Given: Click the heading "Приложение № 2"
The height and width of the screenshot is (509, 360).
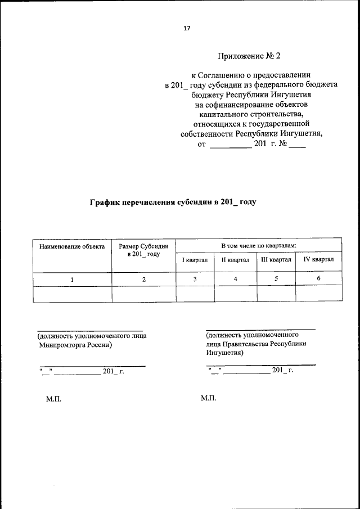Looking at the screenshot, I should pyautogui.click(x=248, y=56).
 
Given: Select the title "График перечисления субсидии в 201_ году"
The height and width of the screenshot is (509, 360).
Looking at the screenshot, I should pyautogui.click(x=173, y=201).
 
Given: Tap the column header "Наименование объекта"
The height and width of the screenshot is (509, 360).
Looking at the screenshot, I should pyautogui.click(x=72, y=246).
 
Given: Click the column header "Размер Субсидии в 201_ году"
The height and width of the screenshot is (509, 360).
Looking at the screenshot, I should pyautogui.click(x=143, y=250).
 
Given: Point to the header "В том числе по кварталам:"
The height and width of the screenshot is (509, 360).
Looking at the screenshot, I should pyautogui.click(x=258, y=246).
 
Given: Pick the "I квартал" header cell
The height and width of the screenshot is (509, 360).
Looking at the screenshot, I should pyautogui.click(x=195, y=260).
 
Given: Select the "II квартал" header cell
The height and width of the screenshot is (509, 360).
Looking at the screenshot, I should pyautogui.click(x=235, y=260).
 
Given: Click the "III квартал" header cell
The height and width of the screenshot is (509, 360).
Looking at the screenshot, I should pyautogui.click(x=276, y=260).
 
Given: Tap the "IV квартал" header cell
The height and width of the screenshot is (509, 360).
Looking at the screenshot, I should pyautogui.click(x=318, y=260).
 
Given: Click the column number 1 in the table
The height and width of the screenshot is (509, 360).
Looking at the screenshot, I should pyautogui.click(x=72, y=279).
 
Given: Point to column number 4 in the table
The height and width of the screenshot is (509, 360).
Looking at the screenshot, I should pyautogui.click(x=235, y=278).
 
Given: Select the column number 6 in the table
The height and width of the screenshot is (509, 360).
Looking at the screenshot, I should pyautogui.click(x=318, y=278).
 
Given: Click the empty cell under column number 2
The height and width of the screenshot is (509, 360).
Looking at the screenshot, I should pyautogui.click(x=143, y=294).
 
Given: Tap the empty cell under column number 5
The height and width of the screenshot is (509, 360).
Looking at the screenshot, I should pyautogui.click(x=276, y=294).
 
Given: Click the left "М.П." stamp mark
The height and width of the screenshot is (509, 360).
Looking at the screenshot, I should pyautogui.click(x=53, y=399).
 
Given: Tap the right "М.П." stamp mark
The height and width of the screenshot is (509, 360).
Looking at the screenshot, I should pyautogui.click(x=208, y=398).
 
